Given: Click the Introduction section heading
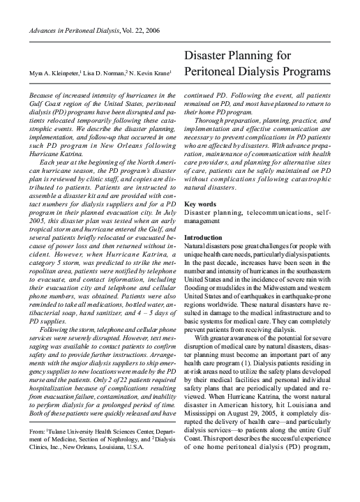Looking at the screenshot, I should coord(203,238).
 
